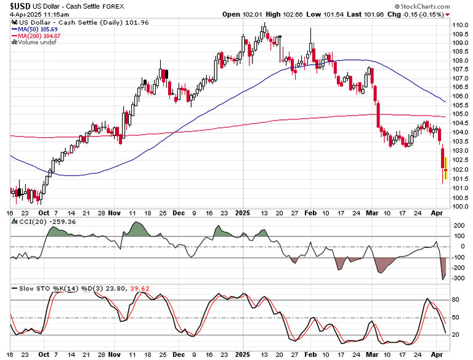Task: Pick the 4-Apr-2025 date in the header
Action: point(22,14)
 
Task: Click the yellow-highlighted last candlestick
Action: point(446,169)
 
